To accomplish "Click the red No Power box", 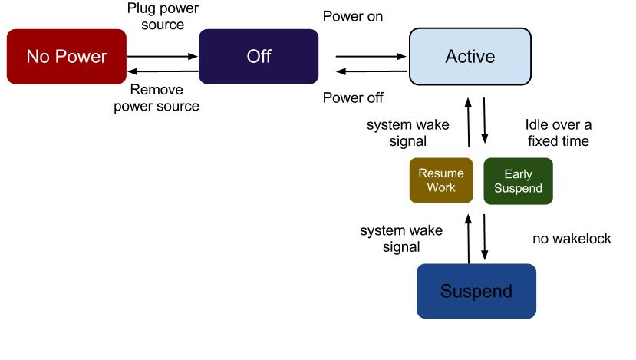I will (x=66, y=56).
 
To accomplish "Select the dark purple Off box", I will (x=259, y=56).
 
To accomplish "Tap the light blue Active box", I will (x=470, y=56).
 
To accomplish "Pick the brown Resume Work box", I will (x=440, y=180).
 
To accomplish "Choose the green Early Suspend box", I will (x=518, y=180).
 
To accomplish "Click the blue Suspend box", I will (x=476, y=291).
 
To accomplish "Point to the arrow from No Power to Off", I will (x=163, y=56).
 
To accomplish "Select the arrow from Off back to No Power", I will (x=163, y=71).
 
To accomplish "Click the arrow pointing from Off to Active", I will (x=370, y=56).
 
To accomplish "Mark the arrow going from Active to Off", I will (x=370, y=71).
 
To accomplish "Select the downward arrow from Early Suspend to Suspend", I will (x=485, y=236).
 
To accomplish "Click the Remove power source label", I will (x=157, y=98).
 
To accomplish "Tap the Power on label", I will (x=353, y=16).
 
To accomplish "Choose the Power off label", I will (x=353, y=97).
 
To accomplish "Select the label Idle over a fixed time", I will (x=558, y=132).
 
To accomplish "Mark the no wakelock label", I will (x=572, y=239).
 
